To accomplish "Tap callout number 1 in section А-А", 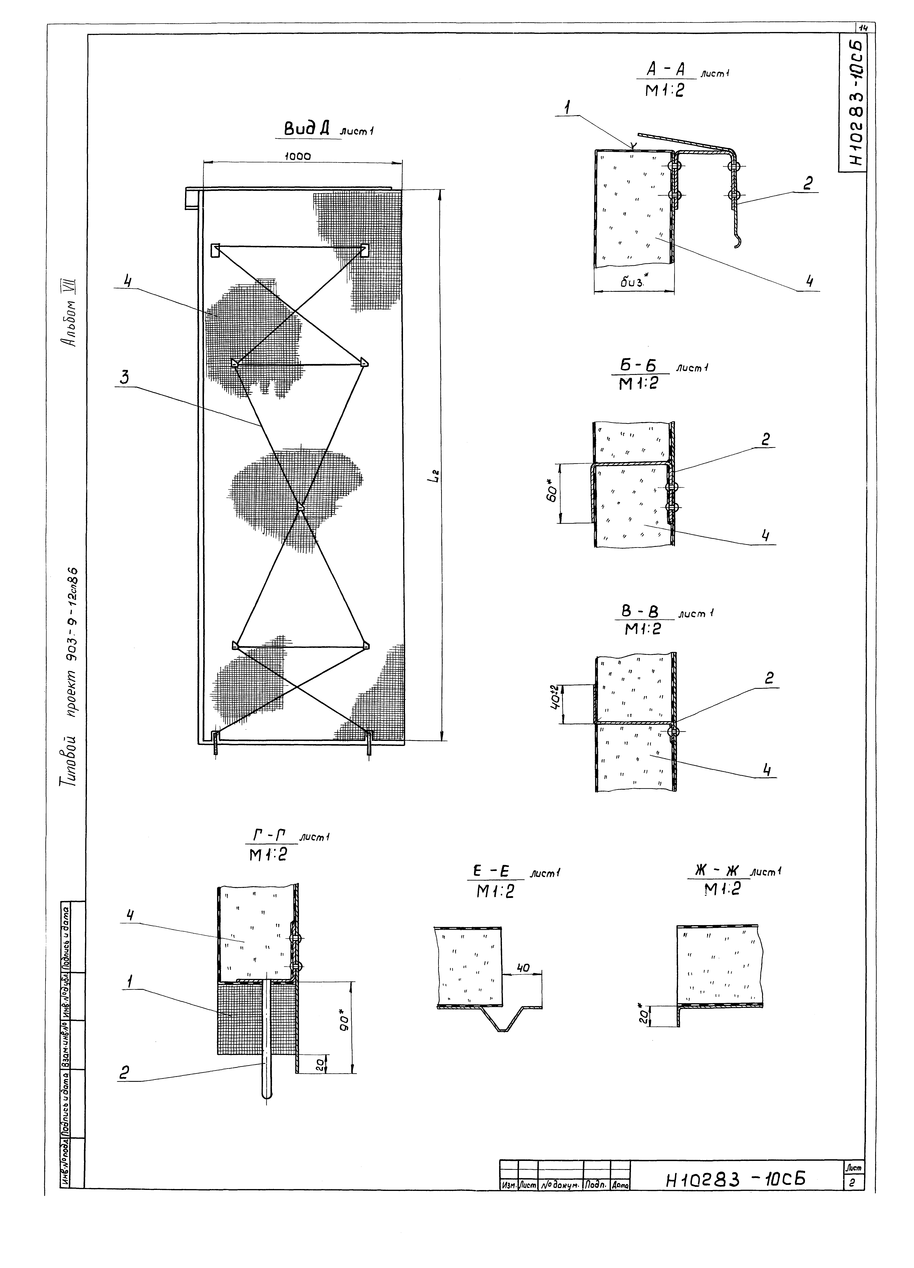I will point(568,108).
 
